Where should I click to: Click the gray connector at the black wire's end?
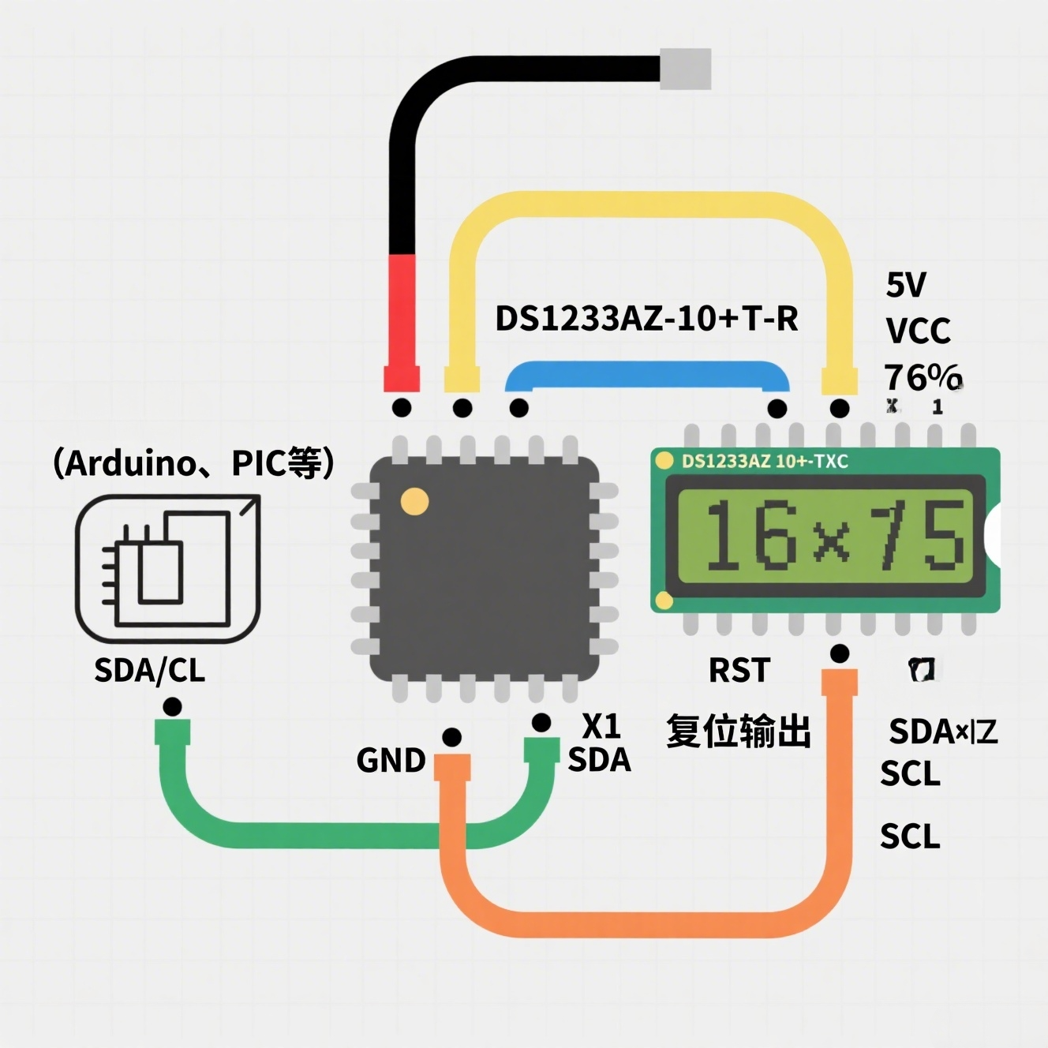click(685, 69)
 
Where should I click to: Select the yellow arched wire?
click(647, 204)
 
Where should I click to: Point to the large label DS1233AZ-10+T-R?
click(646, 319)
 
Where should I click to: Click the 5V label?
click(906, 285)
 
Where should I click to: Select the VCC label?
click(918, 331)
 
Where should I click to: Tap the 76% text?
click(922, 377)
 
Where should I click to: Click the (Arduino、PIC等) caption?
click(193, 463)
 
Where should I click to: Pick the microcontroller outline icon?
click(167, 568)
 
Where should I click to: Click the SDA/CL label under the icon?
click(149, 670)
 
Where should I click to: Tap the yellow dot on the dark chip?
click(414, 501)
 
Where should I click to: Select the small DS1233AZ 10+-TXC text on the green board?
click(764, 462)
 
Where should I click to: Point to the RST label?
click(739, 671)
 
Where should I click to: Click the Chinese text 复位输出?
click(738, 732)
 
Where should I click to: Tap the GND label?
click(391, 761)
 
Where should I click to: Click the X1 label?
click(601, 725)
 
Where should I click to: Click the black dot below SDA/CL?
click(172, 707)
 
